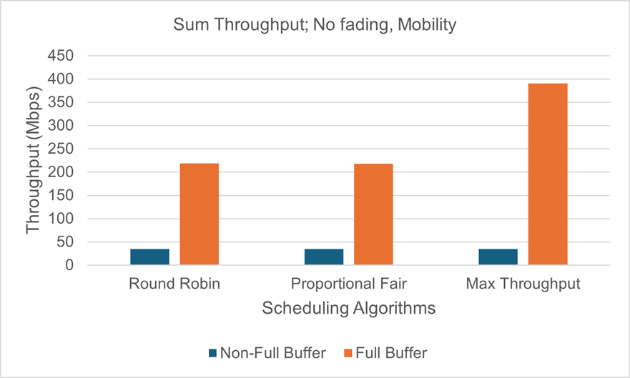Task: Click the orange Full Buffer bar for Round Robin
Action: [x=199, y=214]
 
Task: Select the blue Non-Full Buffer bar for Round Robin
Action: [x=149, y=257]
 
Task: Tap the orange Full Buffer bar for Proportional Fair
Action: [x=373, y=214]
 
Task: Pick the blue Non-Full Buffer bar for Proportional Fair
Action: [x=324, y=257]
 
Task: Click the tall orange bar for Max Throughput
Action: [x=548, y=174]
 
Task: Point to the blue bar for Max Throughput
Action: [x=498, y=257]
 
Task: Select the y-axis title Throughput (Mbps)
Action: [x=34, y=160]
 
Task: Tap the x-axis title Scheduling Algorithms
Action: [x=349, y=309]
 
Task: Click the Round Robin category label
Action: [x=174, y=284]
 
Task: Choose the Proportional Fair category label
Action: [x=348, y=284]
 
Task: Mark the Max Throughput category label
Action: [x=523, y=284]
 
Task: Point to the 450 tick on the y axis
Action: [x=69, y=56]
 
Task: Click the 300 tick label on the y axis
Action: [x=69, y=126]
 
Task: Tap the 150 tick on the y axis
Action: [x=69, y=196]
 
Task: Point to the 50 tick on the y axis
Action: [x=72, y=242]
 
